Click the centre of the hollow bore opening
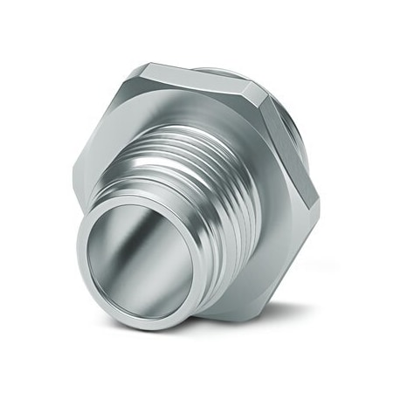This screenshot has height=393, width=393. point(141,263)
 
